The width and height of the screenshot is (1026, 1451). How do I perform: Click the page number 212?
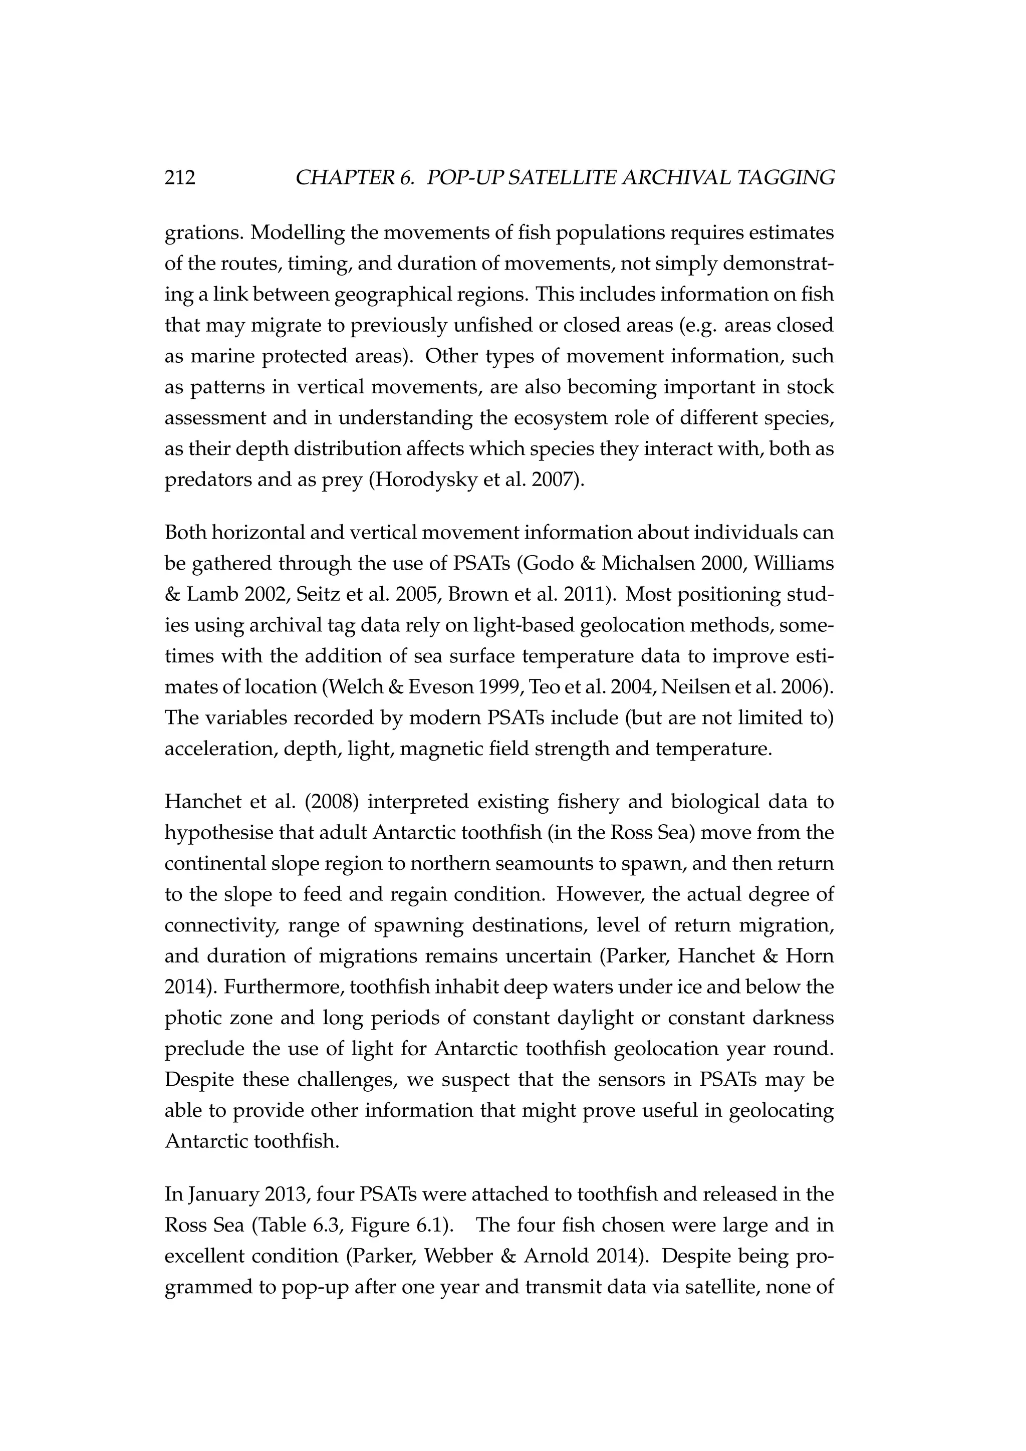(180, 178)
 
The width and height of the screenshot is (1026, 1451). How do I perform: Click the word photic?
(189, 1018)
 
